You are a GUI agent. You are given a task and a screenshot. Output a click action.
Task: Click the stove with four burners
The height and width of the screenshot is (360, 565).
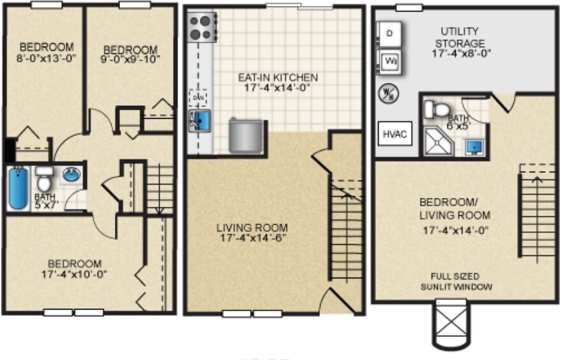tap(200, 28)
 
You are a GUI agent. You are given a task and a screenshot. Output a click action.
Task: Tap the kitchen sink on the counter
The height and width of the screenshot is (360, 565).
tap(202, 119)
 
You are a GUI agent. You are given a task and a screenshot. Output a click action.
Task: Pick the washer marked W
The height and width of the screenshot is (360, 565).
tap(390, 62)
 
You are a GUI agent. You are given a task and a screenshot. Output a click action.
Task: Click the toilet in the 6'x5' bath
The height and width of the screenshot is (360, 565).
tap(437, 109)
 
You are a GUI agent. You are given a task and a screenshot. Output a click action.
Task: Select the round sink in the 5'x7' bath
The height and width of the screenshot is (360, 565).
tap(72, 175)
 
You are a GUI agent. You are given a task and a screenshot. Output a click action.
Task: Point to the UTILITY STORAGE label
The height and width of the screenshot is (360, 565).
tap(460, 37)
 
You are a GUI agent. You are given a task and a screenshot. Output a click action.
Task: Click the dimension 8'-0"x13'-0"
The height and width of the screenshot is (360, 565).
tap(45, 57)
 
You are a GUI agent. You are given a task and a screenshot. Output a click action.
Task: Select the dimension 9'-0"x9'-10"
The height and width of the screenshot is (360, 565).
tap(130, 59)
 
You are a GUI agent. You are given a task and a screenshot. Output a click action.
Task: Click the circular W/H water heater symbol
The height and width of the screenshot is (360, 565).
tap(388, 93)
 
